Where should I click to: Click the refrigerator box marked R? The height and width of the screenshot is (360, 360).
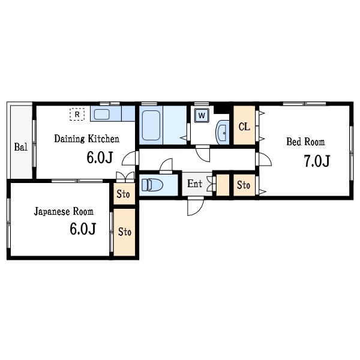pyautogui.click(x=77, y=115)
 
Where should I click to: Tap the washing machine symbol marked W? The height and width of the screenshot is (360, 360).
pyautogui.click(x=202, y=115)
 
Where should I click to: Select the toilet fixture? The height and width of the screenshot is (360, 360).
pyautogui.click(x=152, y=185)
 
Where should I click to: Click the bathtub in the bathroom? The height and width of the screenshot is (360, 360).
pyautogui.click(x=151, y=125)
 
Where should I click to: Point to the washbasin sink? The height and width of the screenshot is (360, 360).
pyautogui.click(x=223, y=132)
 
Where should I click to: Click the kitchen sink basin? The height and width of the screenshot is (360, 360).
pyautogui.click(x=101, y=115)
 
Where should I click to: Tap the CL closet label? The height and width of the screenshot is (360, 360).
pyautogui.click(x=244, y=127)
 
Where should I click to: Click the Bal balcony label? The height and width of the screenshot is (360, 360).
pyautogui.click(x=20, y=147)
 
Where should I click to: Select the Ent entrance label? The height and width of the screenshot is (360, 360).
pyautogui.click(x=194, y=184)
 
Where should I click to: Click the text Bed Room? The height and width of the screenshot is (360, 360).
pyautogui.click(x=305, y=142)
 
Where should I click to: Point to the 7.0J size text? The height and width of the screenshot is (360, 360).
pyautogui.click(x=317, y=161)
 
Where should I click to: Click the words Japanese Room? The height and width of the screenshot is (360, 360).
pyautogui.click(x=64, y=212)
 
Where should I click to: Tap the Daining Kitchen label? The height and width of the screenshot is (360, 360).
pyautogui.click(x=87, y=139)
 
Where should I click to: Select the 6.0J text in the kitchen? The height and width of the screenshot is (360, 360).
pyautogui.click(x=100, y=157)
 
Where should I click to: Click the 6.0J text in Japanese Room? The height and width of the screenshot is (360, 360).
pyautogui.click(x=83, y=229)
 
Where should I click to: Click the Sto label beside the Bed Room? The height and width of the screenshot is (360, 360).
pyautogui.click(x=244, y=185)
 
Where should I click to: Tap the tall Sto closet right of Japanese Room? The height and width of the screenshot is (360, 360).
pyautogui.click(x=124, y=232)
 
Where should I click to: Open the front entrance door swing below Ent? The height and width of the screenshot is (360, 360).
pyautogui.click(x=196, y=207)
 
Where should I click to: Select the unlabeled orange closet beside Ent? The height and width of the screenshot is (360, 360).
pyautogui.click(x=223, y=185)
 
